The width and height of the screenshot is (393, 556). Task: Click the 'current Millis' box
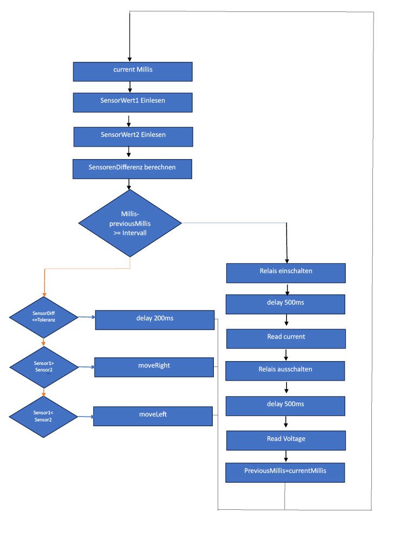click(132, 71)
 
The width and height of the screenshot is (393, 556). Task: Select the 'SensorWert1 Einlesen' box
click(132, 102)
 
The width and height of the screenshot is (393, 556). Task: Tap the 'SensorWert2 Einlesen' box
click(132, 136)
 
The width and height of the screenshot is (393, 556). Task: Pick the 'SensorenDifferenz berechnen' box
click(132, 168)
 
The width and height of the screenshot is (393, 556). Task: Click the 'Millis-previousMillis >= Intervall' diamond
click(130, 223)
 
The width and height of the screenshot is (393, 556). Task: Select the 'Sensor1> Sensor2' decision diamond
click(44, 368)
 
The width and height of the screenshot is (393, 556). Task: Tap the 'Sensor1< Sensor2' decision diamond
click(44, 416)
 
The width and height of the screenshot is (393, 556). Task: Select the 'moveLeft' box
click(153, 416)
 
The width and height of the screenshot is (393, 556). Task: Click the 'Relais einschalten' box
click(286, 273)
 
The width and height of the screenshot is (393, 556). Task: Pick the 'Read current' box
click(286, 338)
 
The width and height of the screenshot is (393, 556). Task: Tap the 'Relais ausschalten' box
click(285, 371)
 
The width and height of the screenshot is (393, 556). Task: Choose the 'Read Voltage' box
click(286, 440)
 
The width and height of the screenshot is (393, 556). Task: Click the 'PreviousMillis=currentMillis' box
click(285, 471)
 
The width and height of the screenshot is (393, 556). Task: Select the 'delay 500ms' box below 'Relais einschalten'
click(286, 304)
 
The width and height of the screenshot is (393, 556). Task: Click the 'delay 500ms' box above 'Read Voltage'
click(286, 406)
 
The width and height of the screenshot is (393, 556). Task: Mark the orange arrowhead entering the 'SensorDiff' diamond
click(44, 294)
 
